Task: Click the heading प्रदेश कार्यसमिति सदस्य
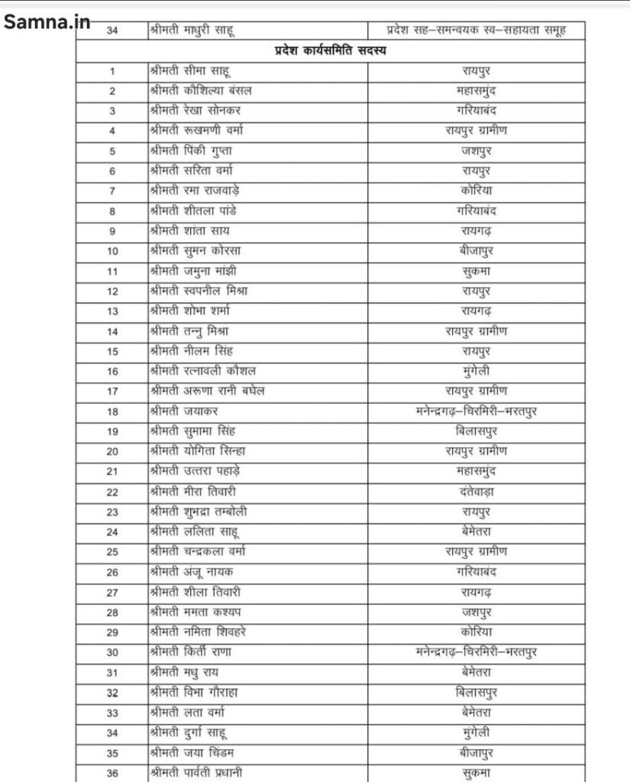click(x=337, y=52)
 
